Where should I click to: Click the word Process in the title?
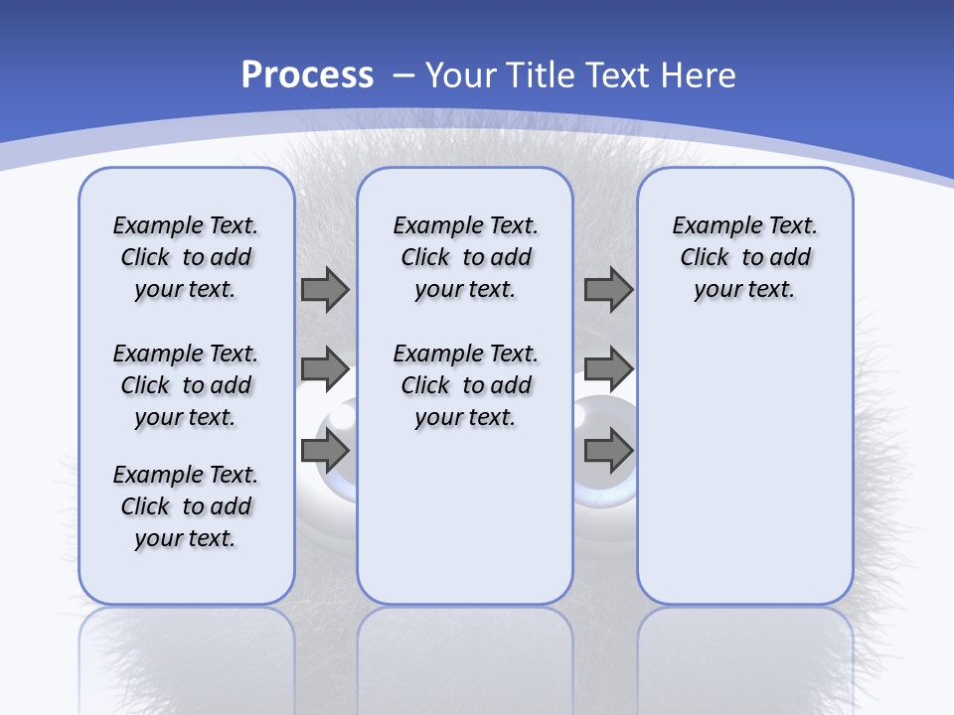[307, 75]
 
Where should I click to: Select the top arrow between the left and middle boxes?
[325, 289]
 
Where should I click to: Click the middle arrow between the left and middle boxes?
[325, 369]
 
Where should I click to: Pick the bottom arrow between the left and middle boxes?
[325, 451]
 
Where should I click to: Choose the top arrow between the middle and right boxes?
[608, 289]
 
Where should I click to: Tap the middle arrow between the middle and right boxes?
[608, 369]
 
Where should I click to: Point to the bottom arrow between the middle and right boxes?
[608, 451]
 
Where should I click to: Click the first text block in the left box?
[185, 257]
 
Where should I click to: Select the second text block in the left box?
[185, 385]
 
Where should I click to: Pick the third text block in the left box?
[185, 506]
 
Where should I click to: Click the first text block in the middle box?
[465, 257]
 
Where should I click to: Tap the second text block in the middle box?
[465, 385]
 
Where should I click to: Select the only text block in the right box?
[744, 257]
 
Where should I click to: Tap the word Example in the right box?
[712, 225]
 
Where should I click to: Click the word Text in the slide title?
[621, 75]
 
